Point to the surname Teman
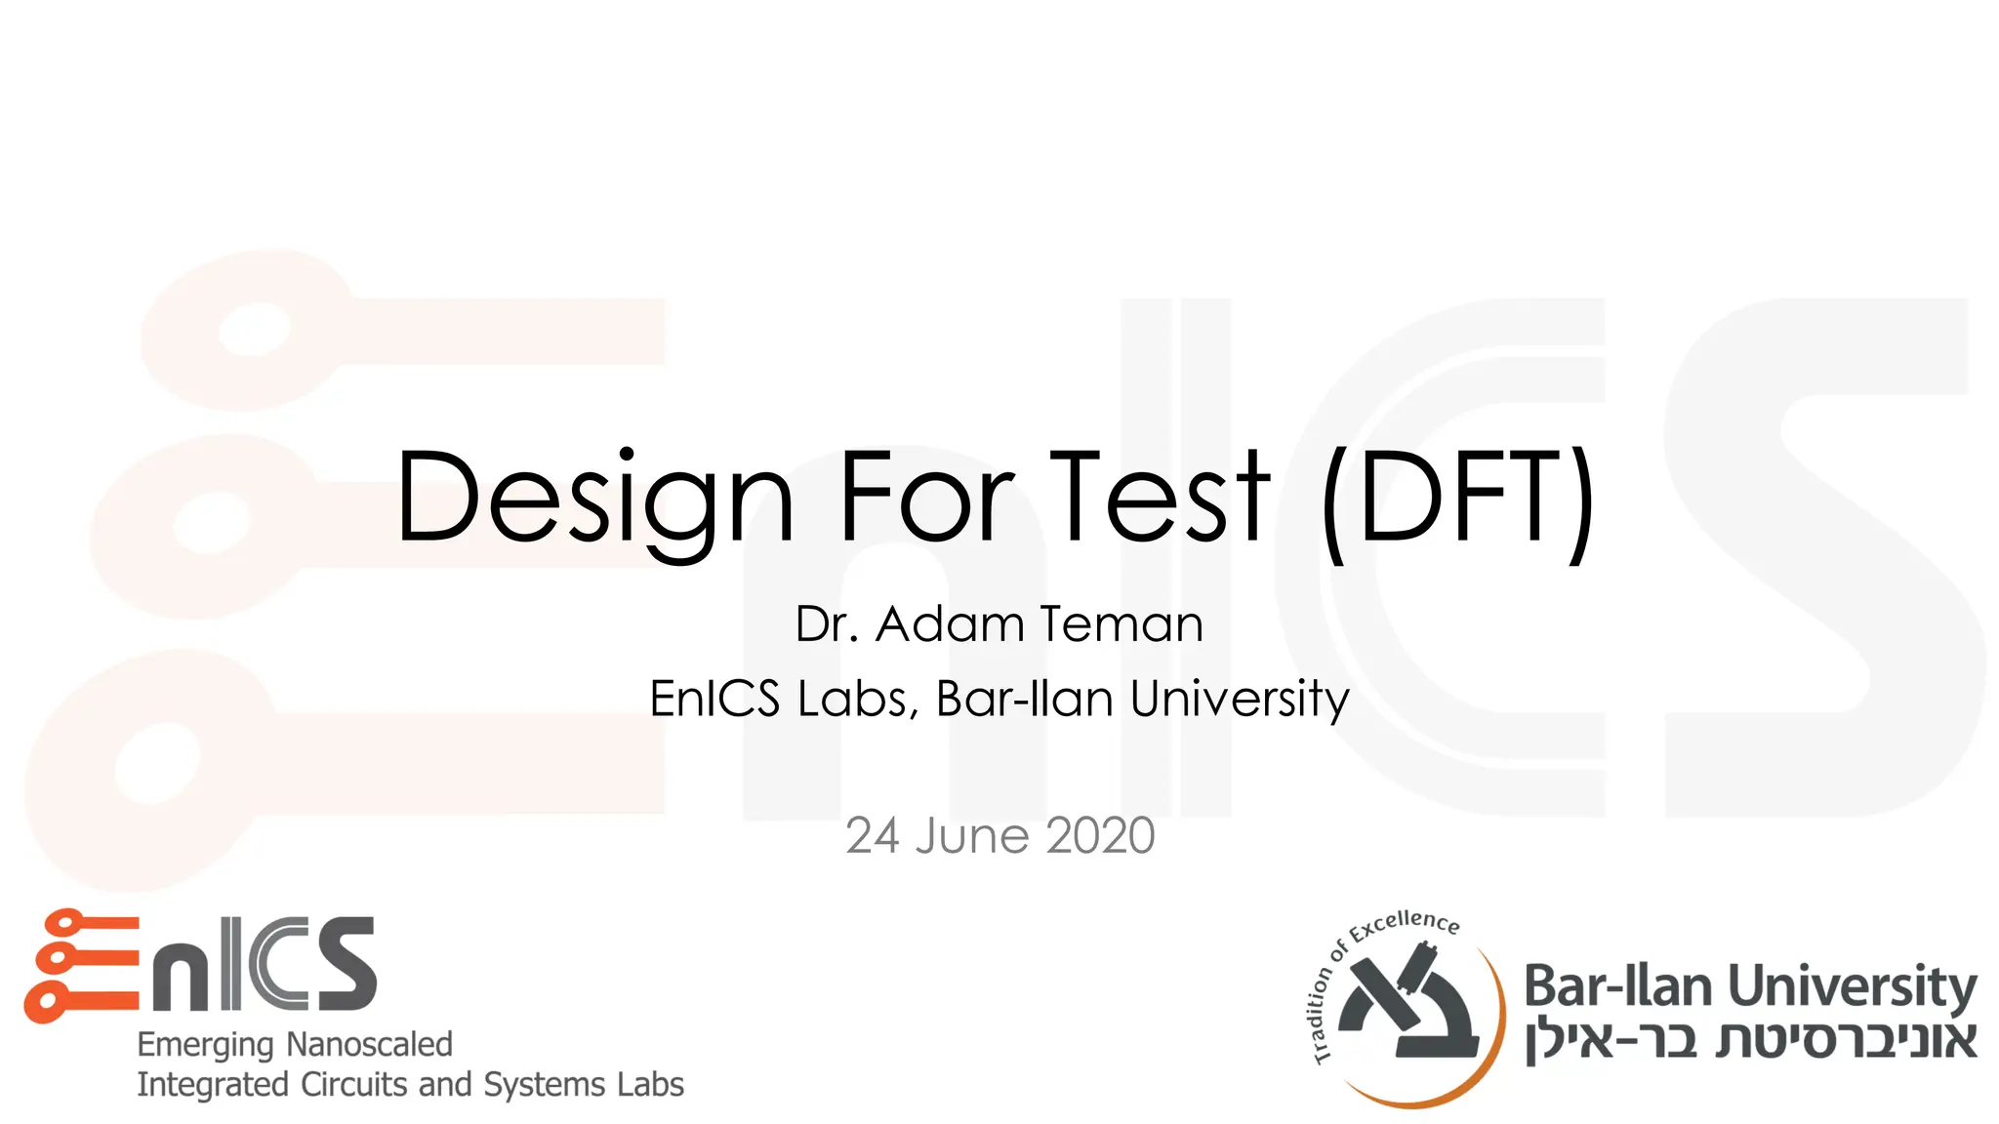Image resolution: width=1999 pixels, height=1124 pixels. point(1122,624)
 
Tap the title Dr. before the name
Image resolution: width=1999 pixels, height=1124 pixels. point(827,624)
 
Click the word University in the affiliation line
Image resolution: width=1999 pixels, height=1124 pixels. point(1240,699)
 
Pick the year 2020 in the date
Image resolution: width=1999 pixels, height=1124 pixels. point(1100,836)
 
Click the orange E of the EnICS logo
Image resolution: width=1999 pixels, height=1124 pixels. point(82,965)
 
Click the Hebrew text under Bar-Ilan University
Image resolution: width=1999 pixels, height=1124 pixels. point(1751,1040)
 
